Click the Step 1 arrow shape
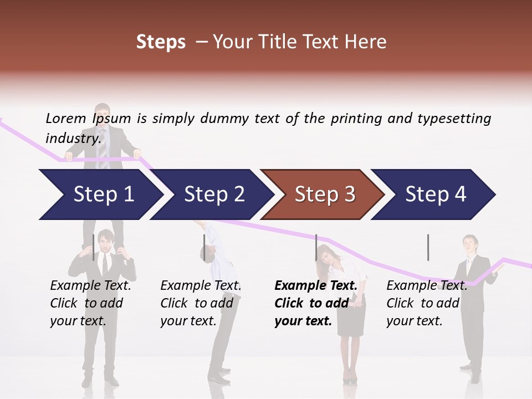pos(100,195)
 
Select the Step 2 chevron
pos(213,195)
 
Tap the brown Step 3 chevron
pos(324,195)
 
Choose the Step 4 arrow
pos(435,195)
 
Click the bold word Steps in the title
pos(161,42)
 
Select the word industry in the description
pos(72,138)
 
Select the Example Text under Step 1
pos(90,286)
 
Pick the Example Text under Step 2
pos(201,286)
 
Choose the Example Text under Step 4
pos(427,286)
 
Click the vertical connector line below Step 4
pos(428,247)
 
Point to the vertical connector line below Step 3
pos(316,247)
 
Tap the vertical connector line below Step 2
pos(204,247)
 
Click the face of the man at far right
pos(470,244)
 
